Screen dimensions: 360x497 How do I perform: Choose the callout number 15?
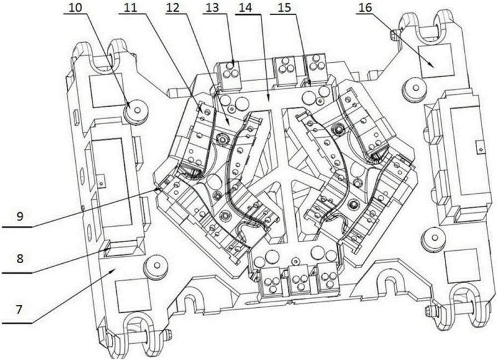pyautogui.click(x=285, y=9)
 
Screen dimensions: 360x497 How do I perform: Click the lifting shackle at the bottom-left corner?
pyautogui.click(x=136, y=329)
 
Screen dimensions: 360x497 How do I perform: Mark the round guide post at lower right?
pyautogui.click(x=431, y=236)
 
